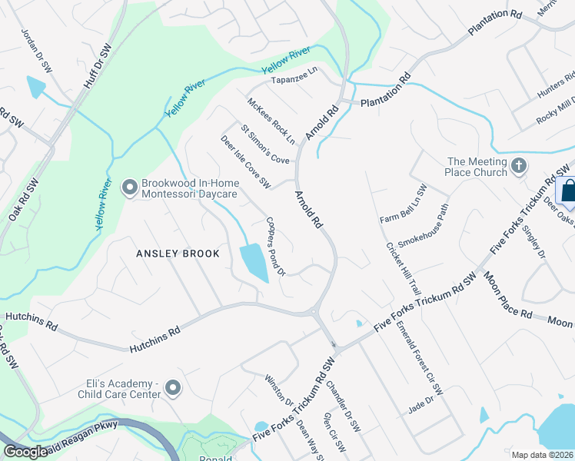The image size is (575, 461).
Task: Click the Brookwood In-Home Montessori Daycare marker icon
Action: [129, 186]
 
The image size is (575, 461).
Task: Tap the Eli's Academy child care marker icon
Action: [173, 389]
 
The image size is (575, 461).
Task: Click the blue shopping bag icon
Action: [568, 190]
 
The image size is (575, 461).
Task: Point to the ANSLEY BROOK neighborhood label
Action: [178, 254]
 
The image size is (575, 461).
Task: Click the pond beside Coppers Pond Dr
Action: [254, 263]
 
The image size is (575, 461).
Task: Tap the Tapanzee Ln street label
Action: [294, 70]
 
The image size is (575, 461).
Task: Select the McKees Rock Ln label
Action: [271, 121]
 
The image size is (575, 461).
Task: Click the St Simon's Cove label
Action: [264, 144]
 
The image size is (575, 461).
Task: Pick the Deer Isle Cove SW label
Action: [245, 162]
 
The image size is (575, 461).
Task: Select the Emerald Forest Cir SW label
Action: [421, 358]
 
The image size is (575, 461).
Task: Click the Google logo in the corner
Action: [25, 452]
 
